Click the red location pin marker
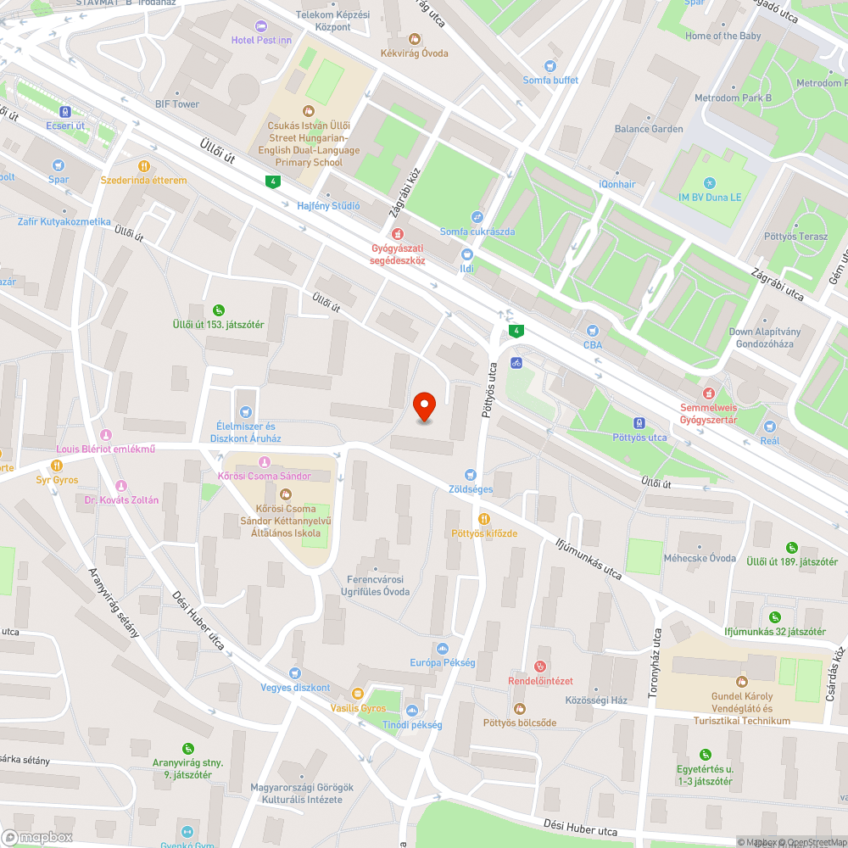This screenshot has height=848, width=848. tap(424, 406)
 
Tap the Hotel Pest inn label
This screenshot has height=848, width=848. tap(263, 40)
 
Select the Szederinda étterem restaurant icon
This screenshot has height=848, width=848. tap(144, 166)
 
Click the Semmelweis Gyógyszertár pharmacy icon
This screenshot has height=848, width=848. tap(709, 393)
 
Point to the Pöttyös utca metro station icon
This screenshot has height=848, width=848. tap(639, 423)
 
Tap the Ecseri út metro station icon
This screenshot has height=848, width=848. tap(64, 112)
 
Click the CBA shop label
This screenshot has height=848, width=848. tap(592, 345)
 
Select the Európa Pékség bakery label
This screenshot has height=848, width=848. tap(442, 662)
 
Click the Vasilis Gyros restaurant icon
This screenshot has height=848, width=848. tap(358, 694)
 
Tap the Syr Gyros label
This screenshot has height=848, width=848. tap(57, 480)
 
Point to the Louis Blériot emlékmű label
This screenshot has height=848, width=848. tap(105, 449)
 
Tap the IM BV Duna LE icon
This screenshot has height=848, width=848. tap(709, 183)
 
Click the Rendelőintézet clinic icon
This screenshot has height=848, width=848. tap(541, 667)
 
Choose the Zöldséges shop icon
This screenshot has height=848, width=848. tap(471, 475)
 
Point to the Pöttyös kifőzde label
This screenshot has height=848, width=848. tap(483, 533)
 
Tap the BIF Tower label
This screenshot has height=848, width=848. tap(177, 104)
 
